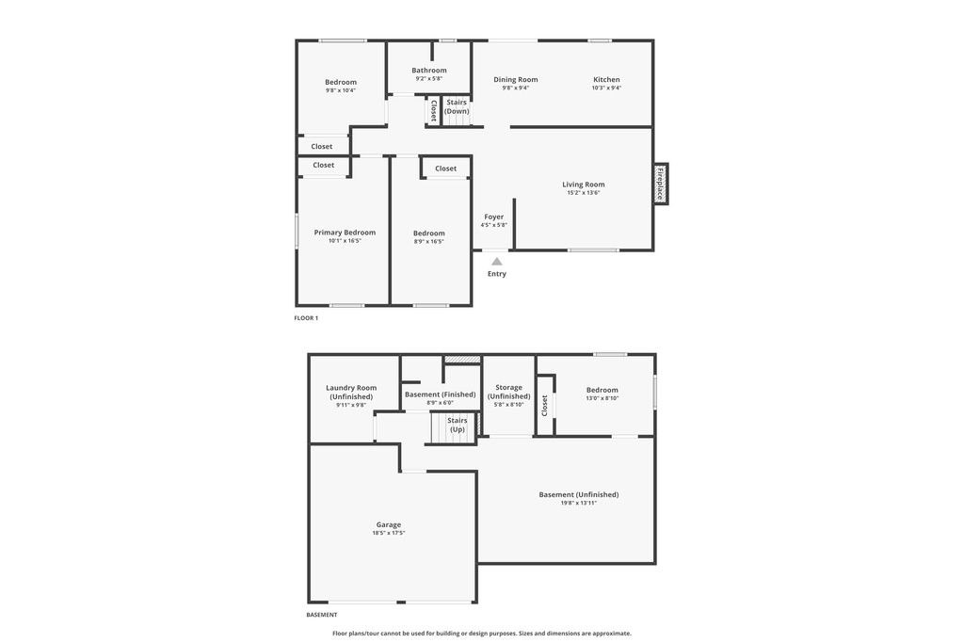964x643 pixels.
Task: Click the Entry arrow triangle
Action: coord(497,261)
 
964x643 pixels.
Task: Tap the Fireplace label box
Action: coord(661,184)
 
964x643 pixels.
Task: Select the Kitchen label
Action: coord(606,80)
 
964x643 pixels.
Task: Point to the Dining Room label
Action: coord(516,80)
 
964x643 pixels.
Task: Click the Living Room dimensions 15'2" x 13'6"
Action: coord(584,193)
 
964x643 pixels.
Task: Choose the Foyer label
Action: coord(494,217)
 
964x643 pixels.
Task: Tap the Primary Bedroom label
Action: coord(345,233)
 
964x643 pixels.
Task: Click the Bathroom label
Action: coord(429,71)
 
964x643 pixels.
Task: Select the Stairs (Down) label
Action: coord(457,106)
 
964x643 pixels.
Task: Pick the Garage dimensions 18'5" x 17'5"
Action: coord(389,533)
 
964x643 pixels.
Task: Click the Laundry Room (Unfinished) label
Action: coord(351,393)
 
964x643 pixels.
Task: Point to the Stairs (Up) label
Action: coord(458,425)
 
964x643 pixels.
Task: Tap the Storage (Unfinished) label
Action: coord(508,392)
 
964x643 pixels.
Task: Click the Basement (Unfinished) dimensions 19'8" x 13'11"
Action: coord(579,503)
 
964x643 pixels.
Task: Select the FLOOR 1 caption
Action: coord(306,318)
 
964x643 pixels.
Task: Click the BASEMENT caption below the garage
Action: coord(322,615)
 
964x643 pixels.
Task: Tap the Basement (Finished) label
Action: coord(440,394)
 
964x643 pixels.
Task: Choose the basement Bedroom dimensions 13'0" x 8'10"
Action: coord(602,398)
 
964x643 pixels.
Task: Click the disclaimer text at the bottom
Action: coord(482,634)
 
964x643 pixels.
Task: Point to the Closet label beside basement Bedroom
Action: coord(544,406)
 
